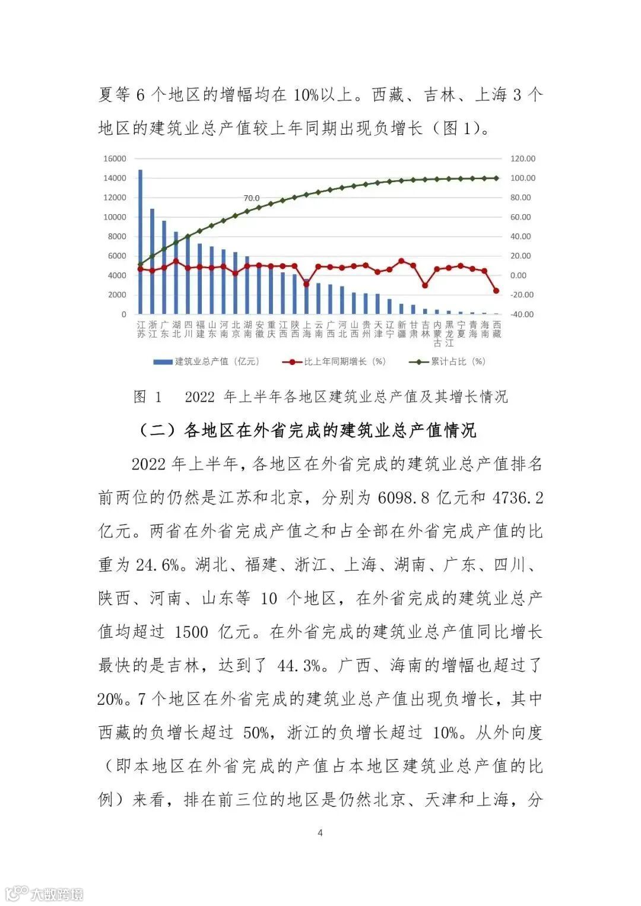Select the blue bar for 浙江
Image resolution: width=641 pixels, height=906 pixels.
tap(153, 261)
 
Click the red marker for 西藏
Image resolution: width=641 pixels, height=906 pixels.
tap(496, 291)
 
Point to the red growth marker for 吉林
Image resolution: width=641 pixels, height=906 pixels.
tap(425, 285)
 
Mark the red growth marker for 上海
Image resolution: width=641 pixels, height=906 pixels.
tap(306, 284)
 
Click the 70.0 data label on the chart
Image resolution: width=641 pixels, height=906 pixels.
tap(252, 198)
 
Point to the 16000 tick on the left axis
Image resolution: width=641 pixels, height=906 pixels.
tap(115, 158)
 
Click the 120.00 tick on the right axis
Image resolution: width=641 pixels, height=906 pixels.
tap(522, 158)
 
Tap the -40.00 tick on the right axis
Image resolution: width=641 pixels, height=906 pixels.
tap(522, 314)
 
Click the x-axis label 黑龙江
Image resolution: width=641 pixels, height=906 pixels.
tap(449, 333)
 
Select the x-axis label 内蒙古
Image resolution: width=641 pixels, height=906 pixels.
tap(437, 333)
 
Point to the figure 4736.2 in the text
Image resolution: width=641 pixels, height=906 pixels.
tap(518, 497)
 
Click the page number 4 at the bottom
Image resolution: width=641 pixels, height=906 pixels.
tap(320, 832)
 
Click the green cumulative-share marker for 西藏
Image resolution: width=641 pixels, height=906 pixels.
tap(496, 178)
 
